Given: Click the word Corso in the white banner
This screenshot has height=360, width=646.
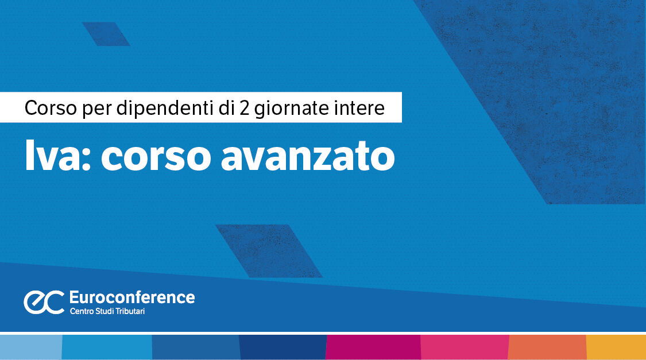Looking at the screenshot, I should click(49, 107).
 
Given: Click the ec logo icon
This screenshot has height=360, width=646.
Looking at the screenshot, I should click(43, 302).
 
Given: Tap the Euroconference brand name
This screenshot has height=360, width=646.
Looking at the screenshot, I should click(131, 297).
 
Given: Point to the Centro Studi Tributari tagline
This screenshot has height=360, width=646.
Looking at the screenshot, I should click(111, 311).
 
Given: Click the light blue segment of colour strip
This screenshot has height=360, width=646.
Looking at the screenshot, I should click(30, 347).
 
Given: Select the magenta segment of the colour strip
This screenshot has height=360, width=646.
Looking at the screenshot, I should click(373, 347).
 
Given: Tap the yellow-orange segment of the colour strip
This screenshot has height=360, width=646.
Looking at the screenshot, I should click(616, 347).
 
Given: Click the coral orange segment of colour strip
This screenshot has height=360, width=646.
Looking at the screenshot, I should click(547, 347).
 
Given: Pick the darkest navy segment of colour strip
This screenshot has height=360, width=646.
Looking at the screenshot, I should click(282, 347).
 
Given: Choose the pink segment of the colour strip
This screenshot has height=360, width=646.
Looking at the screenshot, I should click(465, 347).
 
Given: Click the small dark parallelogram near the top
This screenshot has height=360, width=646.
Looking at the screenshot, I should click(106, 34).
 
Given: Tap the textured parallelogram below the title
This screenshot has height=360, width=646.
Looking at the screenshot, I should click(269, 250).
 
